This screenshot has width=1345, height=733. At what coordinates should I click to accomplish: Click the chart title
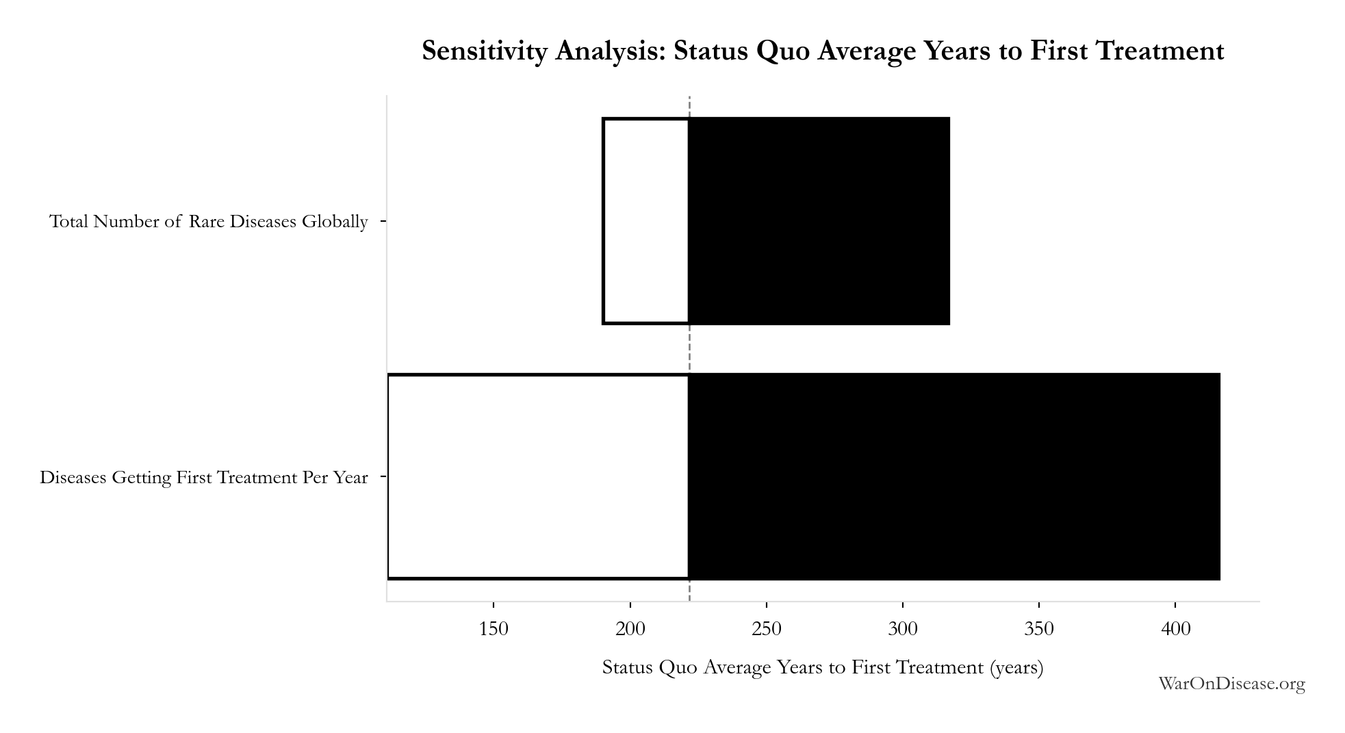tap(823, 51)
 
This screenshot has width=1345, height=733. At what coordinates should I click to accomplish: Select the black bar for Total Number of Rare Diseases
tap(819, 221)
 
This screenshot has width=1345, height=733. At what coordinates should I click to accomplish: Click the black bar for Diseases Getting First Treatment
tap(954, 476)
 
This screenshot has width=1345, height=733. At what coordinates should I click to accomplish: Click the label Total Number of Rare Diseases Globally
tap(209, 222)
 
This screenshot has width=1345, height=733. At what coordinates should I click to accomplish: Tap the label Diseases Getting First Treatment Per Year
tap(204, 477)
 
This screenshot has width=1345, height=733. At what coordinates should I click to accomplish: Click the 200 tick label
tap(630, 628)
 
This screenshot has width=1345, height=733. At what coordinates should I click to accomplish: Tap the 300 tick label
tap(903, 628)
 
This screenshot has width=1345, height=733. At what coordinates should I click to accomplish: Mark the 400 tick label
tap(1175, 628)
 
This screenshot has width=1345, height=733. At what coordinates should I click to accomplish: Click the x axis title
tap(823, 667)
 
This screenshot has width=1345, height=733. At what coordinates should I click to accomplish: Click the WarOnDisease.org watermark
tap(1231, 684)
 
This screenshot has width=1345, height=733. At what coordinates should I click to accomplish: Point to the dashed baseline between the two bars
tap(689, 349)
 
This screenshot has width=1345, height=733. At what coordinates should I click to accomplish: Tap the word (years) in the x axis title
tap(1016, 668)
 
